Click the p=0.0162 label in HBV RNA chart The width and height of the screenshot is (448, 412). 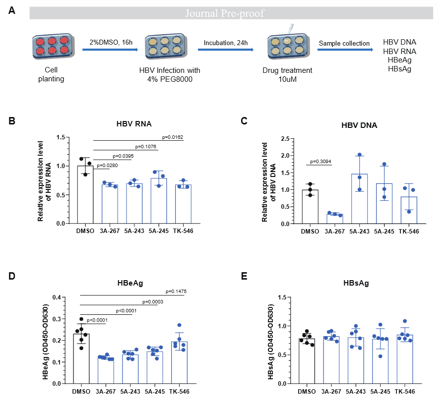pos(173,137)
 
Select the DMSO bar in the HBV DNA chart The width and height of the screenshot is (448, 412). pos(310,207)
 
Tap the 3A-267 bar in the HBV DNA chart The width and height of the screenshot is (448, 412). pos(334,219)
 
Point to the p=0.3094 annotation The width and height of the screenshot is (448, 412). pos(320,162)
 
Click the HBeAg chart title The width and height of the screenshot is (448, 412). pos(130,283)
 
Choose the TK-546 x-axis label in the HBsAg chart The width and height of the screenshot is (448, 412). pos(405,392)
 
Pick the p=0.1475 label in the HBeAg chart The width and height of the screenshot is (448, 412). pos(176,292)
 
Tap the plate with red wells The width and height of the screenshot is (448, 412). pos(53,46)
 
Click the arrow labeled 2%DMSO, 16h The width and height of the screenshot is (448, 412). pos(110,50)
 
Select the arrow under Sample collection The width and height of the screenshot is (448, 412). pos(345,50)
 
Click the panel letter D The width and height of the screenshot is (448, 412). pos(12,276)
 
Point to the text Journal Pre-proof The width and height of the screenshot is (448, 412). pos(225,13)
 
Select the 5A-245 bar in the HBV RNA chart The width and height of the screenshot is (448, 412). pos(159,201)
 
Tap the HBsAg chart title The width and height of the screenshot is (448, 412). pos(356,283)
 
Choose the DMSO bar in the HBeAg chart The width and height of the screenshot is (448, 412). pos(81,358)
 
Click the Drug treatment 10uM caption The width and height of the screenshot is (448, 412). pos(287,75)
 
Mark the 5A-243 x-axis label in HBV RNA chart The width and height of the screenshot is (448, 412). pos(134,231)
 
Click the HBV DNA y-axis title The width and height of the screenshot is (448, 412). pos(268,182)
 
